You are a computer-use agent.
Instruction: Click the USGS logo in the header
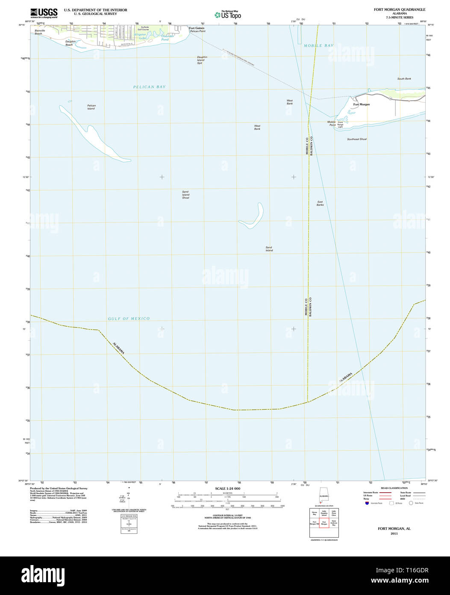pyautogui.click(x=44, y=12)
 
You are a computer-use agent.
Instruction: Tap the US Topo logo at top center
pyautogui.click(x=228, y=15)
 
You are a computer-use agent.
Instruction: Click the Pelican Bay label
pyautogui.click(x=149, y=87)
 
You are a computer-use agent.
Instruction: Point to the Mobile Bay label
pyautogui.click(x=318, y=45)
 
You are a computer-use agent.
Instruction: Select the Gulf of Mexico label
pyautogui.click(x=129, y=318)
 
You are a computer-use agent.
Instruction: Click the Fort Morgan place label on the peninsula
pyautogui.click(x=361, y=104)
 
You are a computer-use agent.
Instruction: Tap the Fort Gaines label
pyautogui.click(x=197, y=28)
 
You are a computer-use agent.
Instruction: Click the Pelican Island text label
pyautogui.click(x=91, y=107)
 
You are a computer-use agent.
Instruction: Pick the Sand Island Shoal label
pyautogui.click(x=185, y=195)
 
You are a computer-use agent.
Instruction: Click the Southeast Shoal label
pyautogui.click(x=356, y=139)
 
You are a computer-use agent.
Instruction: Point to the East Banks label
pyautogui.click(x=320, y=203)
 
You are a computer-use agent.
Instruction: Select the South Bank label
pyautogui.click(x=404, y=79)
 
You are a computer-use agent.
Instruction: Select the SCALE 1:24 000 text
pyautogui.click(x=228, y=488)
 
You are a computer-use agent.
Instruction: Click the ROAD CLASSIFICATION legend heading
pyautogui.click(x=394, y=488)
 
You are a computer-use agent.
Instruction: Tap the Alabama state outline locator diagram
pyautogui.click(x=324, y=496)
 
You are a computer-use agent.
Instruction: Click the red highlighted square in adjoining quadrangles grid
pyautogui.click(x=324, y=522)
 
